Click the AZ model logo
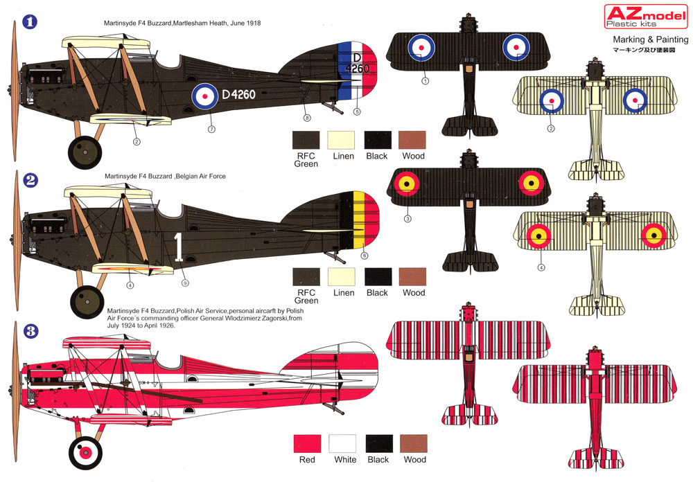646,16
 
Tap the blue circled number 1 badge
30,21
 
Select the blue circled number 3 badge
30,331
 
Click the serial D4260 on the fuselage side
238,94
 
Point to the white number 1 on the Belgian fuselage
178,247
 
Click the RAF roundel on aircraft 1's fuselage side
204,96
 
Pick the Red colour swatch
307,443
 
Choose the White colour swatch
342,443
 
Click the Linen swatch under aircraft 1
341,140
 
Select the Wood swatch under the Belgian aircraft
412,276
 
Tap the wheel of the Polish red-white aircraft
85,453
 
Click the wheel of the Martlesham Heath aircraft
85,152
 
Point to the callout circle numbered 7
211,130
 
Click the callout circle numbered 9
185,283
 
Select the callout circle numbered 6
365,256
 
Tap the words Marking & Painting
651,39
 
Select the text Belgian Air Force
201,176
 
